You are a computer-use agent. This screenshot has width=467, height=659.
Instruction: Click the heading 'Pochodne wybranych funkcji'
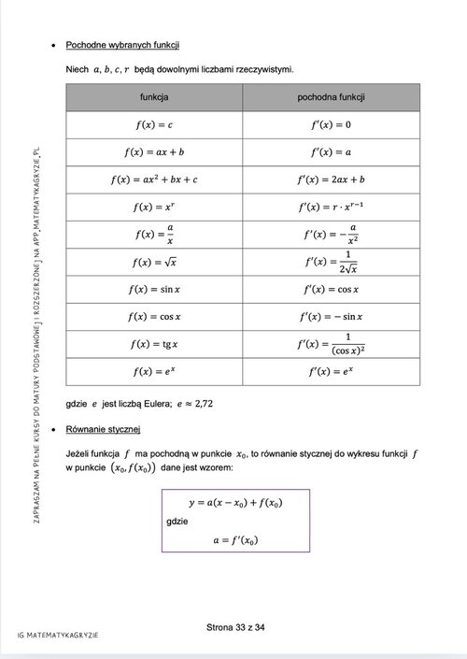122,45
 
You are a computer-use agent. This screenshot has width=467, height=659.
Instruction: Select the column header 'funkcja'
154,97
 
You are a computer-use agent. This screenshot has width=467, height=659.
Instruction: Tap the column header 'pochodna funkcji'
331,97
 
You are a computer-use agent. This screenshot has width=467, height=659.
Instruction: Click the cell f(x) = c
154,124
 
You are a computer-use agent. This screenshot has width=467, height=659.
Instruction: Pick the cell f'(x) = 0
331,124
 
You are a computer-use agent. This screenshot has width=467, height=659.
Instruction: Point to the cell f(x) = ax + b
154,151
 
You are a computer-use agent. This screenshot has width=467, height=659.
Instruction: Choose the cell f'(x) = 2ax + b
331,179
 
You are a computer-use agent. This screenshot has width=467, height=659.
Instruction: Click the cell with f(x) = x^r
154,207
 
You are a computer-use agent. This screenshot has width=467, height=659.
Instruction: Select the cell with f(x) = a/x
154,234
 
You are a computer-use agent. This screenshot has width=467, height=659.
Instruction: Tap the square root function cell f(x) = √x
154,262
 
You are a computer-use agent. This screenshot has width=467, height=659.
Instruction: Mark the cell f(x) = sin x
154,289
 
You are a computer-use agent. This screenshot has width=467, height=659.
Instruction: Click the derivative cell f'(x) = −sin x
331,317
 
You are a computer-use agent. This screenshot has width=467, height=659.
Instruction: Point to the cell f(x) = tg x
154,344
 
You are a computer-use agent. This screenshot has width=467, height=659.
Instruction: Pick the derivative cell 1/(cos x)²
331,344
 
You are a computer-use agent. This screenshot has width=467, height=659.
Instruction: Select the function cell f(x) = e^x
154,371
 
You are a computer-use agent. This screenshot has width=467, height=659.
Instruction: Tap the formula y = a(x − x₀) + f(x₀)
235,502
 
